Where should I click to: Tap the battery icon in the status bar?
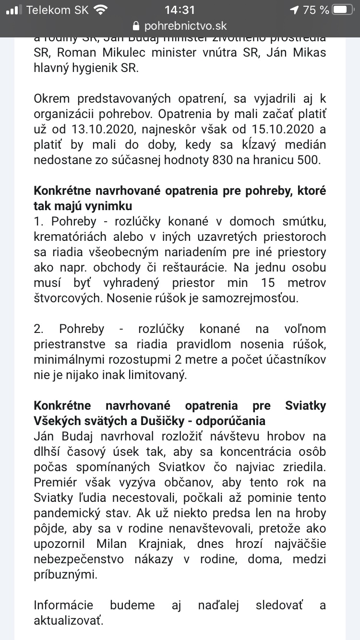(345, 10)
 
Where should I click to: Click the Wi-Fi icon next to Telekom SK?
(101, 10)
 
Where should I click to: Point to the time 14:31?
(180, 10)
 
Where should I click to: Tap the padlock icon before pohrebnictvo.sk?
(136, 26)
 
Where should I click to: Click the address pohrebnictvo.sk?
(185, 26)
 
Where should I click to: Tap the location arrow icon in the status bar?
(294, 10)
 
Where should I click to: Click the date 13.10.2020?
(96, 130)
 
